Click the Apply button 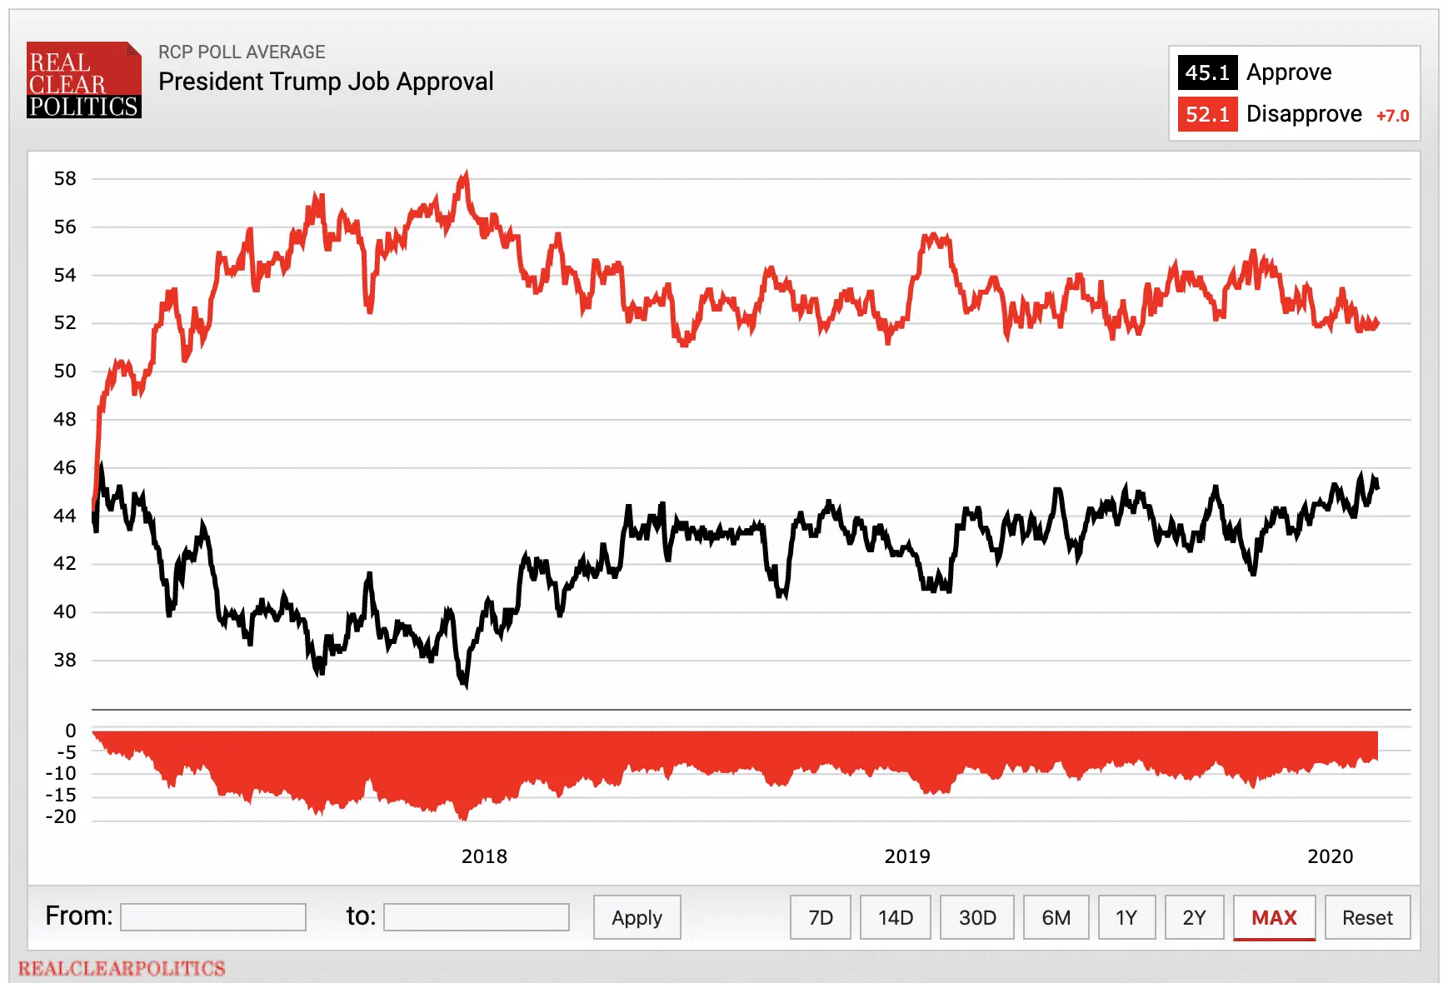pos(637,917)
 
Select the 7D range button pos(820,917)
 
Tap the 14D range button pos(895,917)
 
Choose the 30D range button pos(976,917)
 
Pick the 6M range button pos(1056,917)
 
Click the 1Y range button pos(1126,917)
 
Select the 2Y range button pos(1194,917)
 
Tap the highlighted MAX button pos(1274,917)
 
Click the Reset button pos(1367,917)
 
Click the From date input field pos(213,917)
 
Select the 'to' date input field pos(477,917)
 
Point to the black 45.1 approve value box pos(1207,72)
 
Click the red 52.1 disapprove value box pos(1207,114)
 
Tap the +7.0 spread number pos(1392,116)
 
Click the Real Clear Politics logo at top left pos(83,80)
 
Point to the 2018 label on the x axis pos(484,856)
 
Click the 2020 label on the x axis pos(1330,856)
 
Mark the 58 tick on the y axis pos(65,178)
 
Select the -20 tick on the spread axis pos(61,816)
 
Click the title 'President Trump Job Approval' pos(326,82)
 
